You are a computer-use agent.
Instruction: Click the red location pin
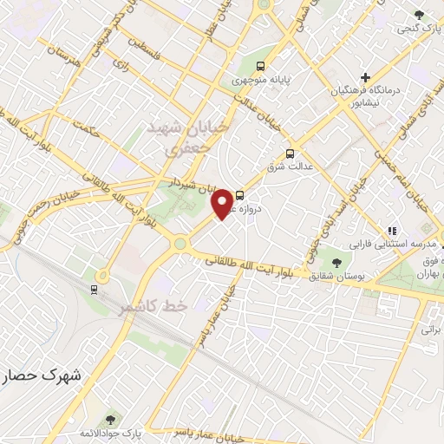tap(223, 202)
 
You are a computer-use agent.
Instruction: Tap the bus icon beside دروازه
tap(240, 196)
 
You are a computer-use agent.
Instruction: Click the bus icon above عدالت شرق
tap(291, 147)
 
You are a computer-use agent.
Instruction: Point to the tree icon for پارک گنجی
tap(420, 15)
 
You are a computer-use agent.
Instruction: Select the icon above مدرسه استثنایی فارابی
tap(392, 232)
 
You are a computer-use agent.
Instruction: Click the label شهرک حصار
tap(41, 376)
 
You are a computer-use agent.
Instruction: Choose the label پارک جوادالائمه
tap(110, 433)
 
